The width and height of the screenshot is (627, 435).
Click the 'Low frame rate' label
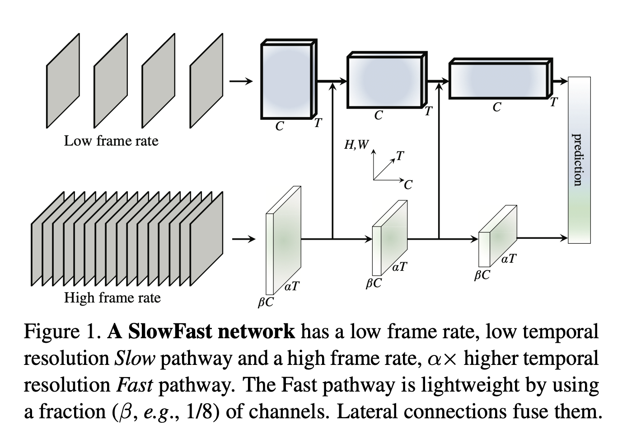tap(111, 141)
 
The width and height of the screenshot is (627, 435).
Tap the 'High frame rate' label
tap(112, 298)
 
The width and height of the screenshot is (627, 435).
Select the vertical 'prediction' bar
tap(579, 160)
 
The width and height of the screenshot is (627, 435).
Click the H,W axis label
tap(356, 145)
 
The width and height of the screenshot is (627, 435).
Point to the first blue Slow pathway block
tap(286, 80)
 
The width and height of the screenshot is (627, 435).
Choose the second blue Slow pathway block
tap(385, 81)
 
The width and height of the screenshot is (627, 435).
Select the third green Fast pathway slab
tap(497, 236)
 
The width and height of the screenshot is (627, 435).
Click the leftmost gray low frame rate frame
tap(63, 80)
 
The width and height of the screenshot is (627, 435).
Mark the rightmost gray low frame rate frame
tap(206, 80)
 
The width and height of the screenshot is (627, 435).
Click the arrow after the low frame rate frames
tap(241, 81)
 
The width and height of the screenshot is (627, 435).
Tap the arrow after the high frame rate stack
tap(243, 239)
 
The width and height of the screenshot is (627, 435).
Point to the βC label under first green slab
tap(266, 302)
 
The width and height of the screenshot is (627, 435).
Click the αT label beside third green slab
tap(509, 259)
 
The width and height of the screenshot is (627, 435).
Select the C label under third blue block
tap(497, 107)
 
